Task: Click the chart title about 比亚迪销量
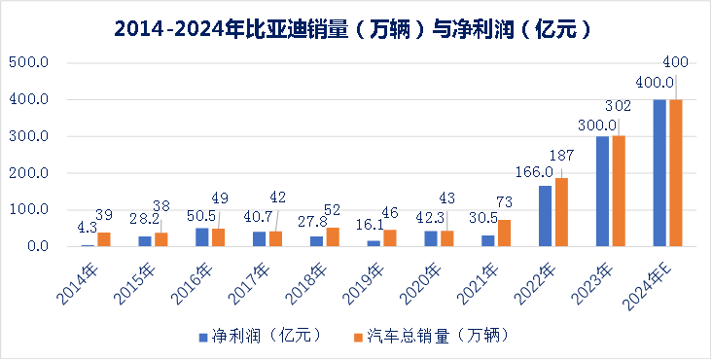[x=356, y=29]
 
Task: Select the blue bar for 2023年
[x=603, y=192]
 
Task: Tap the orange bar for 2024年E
[x=675, y=173]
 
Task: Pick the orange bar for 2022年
[x=560, y=212]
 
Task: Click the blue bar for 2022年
[x=545, y=216]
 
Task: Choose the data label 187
[x=561, y=156]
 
